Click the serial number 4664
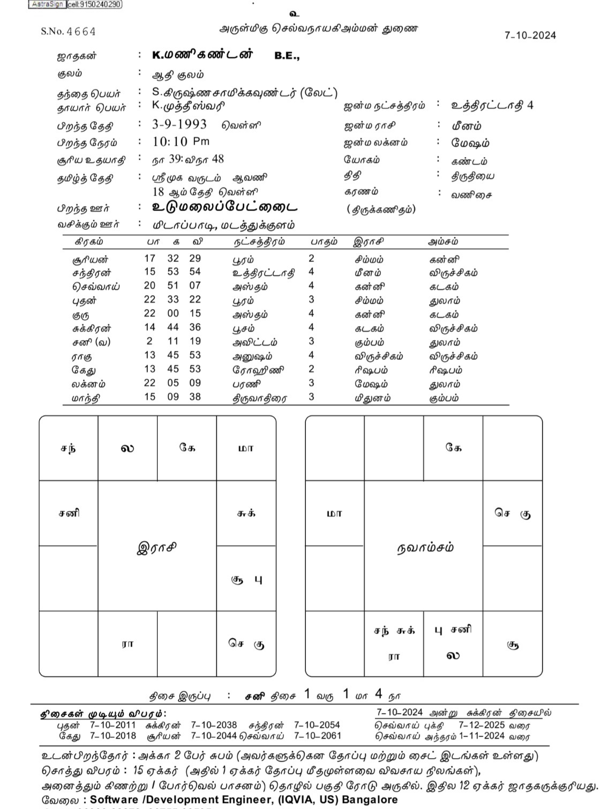(81, 32)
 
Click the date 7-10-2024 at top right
(530, 35)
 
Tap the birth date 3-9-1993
(179, 125)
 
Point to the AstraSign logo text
(47, 4)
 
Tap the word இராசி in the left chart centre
(157, 548)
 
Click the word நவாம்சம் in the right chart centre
(425, 547)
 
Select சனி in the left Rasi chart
(69, 513)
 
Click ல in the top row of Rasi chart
(127, 448)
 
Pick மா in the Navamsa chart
(334, 513)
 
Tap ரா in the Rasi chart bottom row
(127, 644)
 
